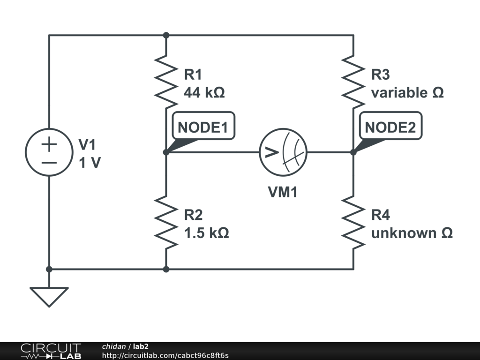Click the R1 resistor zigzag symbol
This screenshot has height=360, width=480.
[x=166, y=82]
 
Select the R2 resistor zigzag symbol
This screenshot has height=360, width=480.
[x=166, y=222]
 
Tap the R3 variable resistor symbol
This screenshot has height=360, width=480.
[x=353, y=82]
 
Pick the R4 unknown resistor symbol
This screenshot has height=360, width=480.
[x=353, y=222]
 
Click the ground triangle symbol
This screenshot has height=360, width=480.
[x=49, y=297]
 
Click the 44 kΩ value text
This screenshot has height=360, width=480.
[x=204, y=92]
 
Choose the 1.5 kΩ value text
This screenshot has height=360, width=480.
[x=206, y=233]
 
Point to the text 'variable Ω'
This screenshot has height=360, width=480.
[x=407, y=92]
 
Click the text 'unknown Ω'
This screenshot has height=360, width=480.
[x=412, y=233]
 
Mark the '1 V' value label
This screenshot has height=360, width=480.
[x=90, y=163]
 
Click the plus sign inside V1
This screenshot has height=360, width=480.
[x=49, y=144]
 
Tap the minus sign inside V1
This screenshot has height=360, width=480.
[x=49, y=163]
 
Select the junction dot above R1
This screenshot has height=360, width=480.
[x=166, y=35]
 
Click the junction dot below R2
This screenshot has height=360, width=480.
[x=166, y=269]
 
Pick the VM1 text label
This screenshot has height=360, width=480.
[x=283, y=192]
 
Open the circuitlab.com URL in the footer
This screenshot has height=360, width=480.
[x=165, y=355]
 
